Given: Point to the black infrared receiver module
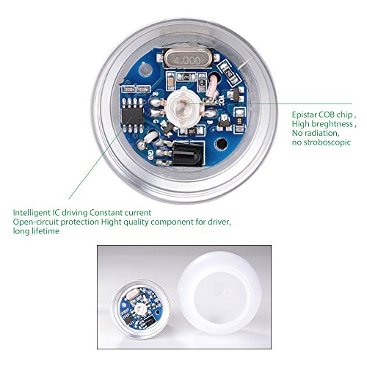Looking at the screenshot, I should click(x=183, y=153).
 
